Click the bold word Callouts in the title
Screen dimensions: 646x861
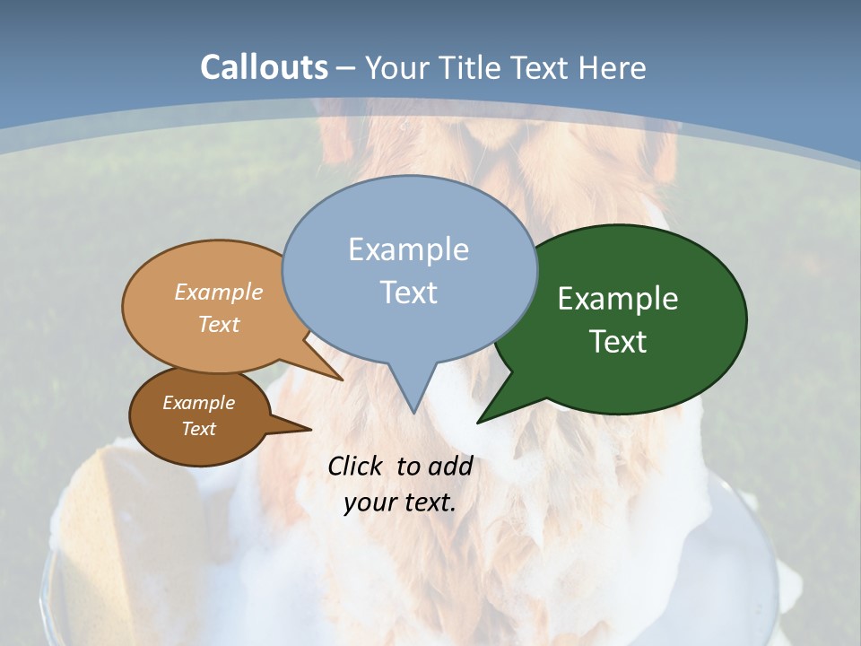pos(264,67)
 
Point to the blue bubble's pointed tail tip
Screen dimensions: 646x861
pos(413,413)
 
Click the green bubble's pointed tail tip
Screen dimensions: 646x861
pos(478,422)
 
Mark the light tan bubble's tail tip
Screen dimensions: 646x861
pos(342,380)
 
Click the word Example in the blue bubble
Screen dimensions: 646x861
pos(408,249)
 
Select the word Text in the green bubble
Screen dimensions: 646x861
pos(618,342)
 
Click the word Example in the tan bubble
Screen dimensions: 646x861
pos(219,292)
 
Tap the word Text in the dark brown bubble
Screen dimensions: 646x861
pos(199,429)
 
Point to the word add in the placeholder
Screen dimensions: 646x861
pos(450,467)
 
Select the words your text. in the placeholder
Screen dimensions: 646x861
pos(400,502)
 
